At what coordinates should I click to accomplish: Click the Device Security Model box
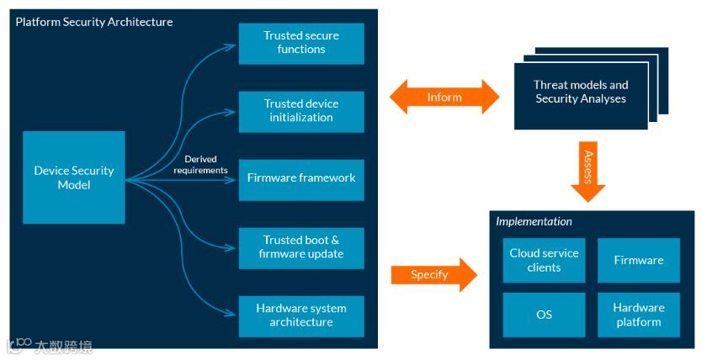[74, 177]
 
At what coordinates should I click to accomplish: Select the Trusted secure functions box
[301, 43]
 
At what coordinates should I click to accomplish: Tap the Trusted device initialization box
[301, 111]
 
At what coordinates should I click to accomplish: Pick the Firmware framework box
[301, 178]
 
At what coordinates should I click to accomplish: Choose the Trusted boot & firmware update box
[301, 247]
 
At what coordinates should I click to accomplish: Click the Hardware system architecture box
[301, 315]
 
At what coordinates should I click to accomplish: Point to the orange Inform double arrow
[444, 97]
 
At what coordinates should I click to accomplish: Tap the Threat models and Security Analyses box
[581, 92]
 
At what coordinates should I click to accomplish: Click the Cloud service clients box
[544, 260]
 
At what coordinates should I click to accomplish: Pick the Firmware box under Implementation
[638, 260]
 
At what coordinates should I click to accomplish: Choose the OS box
[544, 315]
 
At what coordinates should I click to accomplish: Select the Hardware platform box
[638, 315]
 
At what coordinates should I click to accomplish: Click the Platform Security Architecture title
[94, 22]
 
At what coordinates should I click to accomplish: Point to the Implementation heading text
[534, 222]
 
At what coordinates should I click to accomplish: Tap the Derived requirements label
[200, 165]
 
